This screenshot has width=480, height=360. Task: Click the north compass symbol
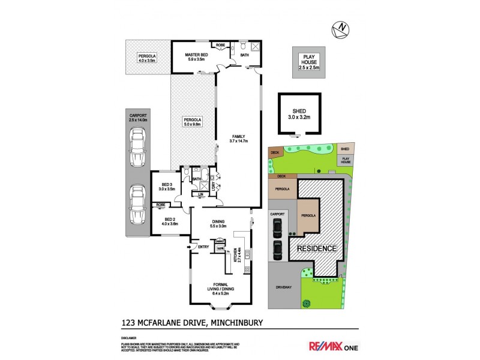[x=340, y=28]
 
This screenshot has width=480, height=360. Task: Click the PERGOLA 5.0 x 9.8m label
[x=193, y=122]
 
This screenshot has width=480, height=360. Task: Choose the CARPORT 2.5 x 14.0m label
[x=137, y=118]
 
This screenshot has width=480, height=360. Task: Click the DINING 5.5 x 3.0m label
[x=218, y=223]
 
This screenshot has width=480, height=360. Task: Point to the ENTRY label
[x=203, y=246]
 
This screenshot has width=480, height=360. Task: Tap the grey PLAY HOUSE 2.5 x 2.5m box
[x=311, y=62]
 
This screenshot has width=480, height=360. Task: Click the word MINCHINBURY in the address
[x=235, y=323]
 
